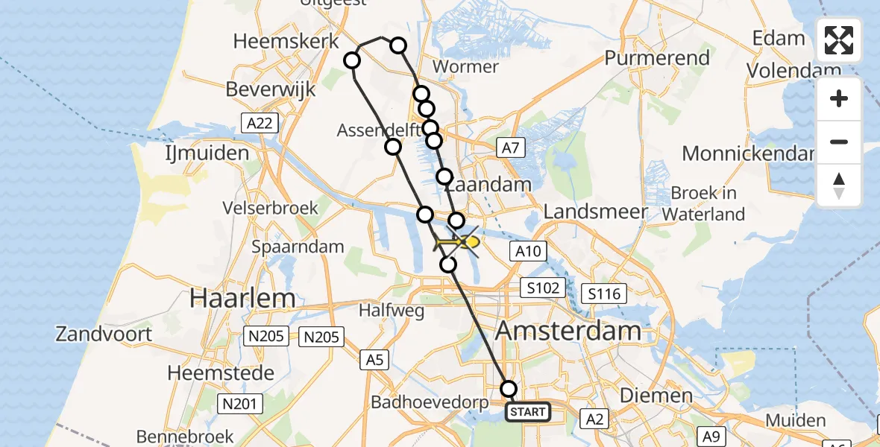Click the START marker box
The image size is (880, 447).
point(528,411)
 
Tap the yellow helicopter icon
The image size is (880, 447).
point(456,243)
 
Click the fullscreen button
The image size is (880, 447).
point(839,40)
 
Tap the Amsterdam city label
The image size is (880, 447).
point(568,330)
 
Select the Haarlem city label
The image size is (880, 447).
point(242,298)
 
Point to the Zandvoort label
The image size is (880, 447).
point(104,333)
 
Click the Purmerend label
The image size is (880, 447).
point(656,57)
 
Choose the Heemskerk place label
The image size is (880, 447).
point(286,41)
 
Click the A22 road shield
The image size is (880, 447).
point(259,123)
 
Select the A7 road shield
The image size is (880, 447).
point(509,148)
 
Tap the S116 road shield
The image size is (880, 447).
point(604,294)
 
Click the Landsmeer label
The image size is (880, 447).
point(596,212)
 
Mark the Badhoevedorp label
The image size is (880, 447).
point(430,403)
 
